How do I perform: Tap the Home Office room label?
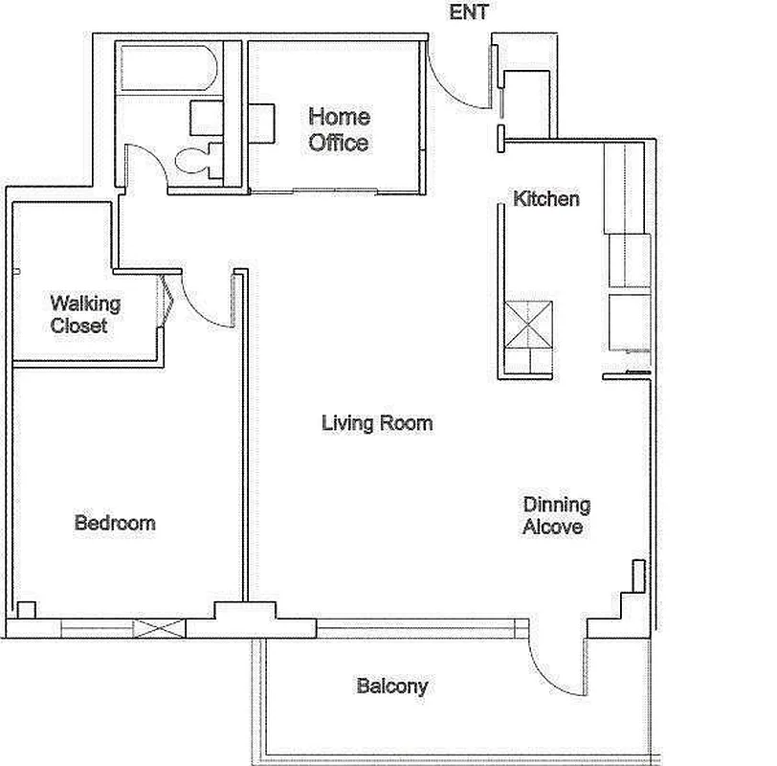point(338,130)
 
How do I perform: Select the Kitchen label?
point(546,199)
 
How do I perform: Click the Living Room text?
point(377,422)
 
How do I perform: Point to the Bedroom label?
point(115,523)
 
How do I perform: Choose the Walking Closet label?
point(85,315)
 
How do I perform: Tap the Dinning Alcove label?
point(555,515)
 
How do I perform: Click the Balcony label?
point(391,686)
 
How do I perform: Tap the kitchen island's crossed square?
point(529,324)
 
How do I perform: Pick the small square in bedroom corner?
point(26,609)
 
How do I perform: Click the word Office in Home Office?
point(338,143)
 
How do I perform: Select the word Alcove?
point(554,527)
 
